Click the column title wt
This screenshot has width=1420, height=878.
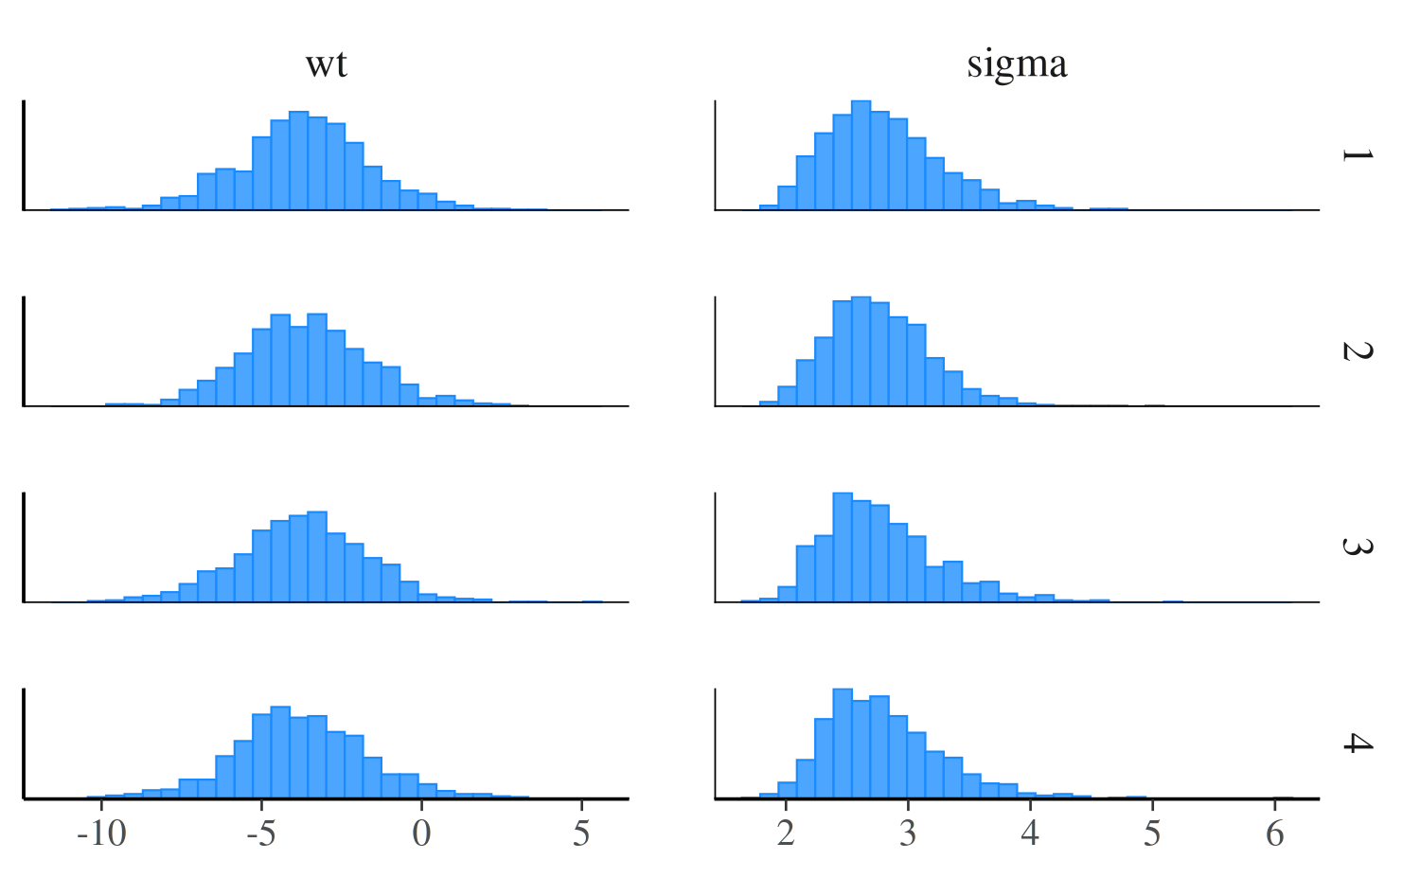point(327,63)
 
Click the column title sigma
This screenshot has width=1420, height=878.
point(1017,63)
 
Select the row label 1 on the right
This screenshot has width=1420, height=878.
point(1357,154)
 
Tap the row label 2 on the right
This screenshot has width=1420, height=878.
point(1357,350)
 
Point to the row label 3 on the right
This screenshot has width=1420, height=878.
point(1357,547)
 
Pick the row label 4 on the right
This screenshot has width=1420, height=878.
point(1357,743)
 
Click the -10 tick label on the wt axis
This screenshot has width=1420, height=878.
point(102,833)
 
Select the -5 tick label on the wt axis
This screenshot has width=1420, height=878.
point(261,833)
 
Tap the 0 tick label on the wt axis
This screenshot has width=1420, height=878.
point(421,833)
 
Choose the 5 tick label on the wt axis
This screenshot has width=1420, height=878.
point(581,833)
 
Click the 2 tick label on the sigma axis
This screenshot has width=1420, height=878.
point(786,833)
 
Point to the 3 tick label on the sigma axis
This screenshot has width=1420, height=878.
point(908,833)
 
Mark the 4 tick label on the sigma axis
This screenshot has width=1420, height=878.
point(1030,833)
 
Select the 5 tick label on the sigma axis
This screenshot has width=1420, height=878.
point(1152,833)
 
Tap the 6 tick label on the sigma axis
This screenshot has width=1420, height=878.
point(1275,833)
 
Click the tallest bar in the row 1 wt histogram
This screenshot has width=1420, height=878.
point(298,161)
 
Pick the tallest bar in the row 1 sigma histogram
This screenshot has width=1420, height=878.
point(861,155)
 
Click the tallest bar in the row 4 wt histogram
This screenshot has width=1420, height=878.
point(280,752)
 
